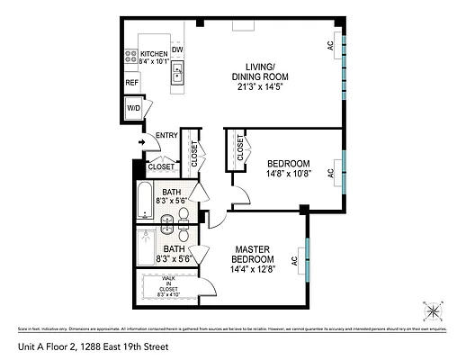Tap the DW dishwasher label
[178, 50]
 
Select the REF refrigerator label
[132, 83]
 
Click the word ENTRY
[166, 136]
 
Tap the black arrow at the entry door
[142, 141]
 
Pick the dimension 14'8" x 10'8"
[289, 174]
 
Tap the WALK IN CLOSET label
[171, 286]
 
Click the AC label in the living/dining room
[330, 45]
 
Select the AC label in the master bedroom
[294, 262]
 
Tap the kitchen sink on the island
[178, 73]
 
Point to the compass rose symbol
[434, 311]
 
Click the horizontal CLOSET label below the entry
[161, 166]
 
